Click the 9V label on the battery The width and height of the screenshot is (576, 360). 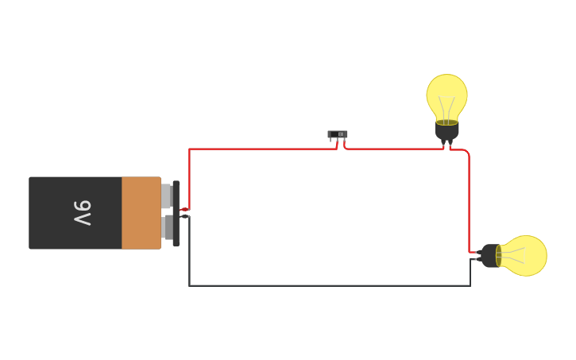(x=83, y=213)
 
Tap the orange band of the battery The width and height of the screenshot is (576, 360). (x=141, y=213)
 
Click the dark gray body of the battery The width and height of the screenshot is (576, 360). (x=56, y=213)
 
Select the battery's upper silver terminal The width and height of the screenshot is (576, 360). (x=166, y=196)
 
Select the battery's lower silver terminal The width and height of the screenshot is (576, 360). (x=166, y=227)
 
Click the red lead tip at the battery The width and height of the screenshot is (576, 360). (x=184, y=209)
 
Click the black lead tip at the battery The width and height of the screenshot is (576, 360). (x=184, y=216)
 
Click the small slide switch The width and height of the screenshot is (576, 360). (x=338, y=134)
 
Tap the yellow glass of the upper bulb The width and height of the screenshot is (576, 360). (x=446, y=91)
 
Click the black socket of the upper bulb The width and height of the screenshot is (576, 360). (x=446, y=130)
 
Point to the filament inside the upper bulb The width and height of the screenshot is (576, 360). (x=446, y=110)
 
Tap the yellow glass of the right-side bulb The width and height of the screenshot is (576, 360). (x=526, y=256)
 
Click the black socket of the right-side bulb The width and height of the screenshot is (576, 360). (x=489, y=256)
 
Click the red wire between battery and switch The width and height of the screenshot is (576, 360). (x=262, y=149)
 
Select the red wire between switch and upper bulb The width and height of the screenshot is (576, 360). (x=393, y=149)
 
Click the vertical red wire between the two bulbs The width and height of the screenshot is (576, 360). (x=469, y=199)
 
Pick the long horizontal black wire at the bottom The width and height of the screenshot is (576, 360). (x=330, y=285)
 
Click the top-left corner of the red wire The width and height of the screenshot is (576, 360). (x=189, y=149)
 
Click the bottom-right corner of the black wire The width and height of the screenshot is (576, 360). (x=470, y=285)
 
